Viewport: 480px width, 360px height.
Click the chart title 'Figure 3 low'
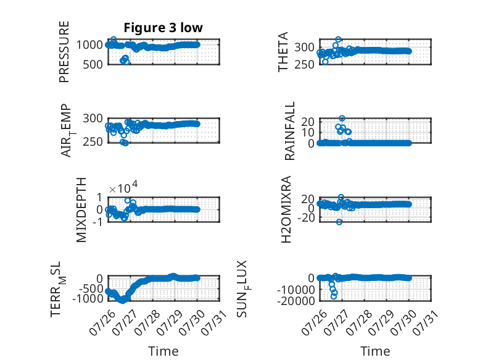click(x=163, y=28)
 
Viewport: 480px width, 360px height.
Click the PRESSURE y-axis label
click(x=64, y=52)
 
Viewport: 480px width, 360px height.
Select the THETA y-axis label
click(x=283, y=52)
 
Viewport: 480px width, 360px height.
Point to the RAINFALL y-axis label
click(x=289, y=131)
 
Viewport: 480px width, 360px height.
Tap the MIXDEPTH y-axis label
click(x=81, y=210)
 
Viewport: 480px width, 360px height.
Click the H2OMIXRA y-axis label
click(x=286, y=209)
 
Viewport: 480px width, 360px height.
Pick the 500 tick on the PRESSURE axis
click(x=93, y=65)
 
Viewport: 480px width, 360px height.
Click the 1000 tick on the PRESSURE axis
click(x=89, y=45)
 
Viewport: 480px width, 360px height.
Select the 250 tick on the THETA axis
click(x=304, y=65)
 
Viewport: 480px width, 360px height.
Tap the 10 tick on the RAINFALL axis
click(x=308, y=133)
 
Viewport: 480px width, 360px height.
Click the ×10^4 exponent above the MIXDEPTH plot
click(x=123, y=187)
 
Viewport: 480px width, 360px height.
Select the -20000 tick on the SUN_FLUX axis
click(x=296, y=301)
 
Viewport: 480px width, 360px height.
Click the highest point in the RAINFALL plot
click(x=342, y=119)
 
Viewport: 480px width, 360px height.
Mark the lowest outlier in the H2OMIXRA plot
click(x=339, y=222)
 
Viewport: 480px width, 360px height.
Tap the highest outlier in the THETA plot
click(x=338, y=40)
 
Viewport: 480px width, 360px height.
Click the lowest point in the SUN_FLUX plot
click(x=334, y=296)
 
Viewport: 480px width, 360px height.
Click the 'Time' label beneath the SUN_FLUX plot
click(x=375, y=351)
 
